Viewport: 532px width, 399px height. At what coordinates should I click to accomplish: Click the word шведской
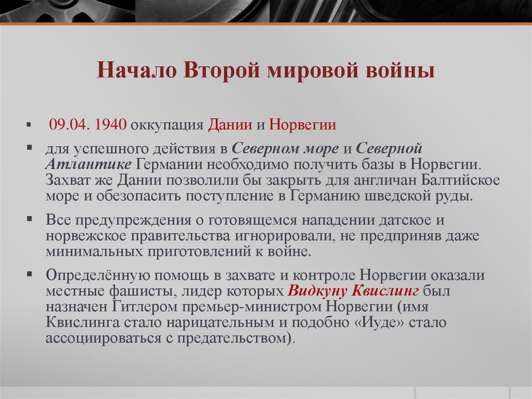tap(386, 196)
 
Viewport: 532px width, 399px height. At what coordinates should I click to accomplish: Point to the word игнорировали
tap(281, 236)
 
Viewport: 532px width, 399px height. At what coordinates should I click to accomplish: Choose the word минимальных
tap(91, 252)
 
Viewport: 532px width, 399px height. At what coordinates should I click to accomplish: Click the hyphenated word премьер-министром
tap(260, 306)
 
